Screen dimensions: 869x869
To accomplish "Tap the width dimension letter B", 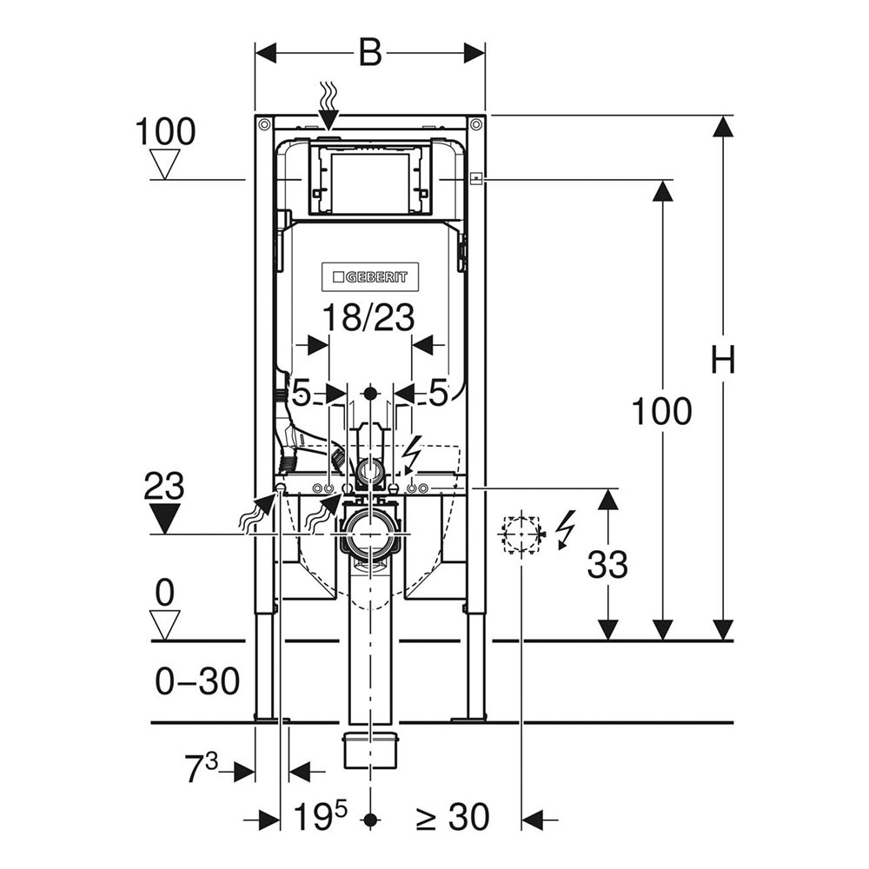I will (370, 54).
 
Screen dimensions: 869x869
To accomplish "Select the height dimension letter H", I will (722, 360).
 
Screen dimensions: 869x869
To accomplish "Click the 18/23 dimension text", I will (368, 318).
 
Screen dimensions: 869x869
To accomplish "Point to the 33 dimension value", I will (607, 566).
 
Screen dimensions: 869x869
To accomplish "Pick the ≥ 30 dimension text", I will (452, 817).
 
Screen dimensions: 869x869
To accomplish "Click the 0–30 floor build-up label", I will (197, 682).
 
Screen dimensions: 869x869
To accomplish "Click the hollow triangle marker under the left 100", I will (164, 162).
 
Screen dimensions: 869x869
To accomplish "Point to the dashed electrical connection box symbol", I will (521, 533).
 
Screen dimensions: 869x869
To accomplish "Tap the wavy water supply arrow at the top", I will (328, 106).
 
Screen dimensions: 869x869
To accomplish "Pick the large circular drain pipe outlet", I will (371, 537).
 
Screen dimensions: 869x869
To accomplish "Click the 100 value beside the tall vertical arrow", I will (661, 411).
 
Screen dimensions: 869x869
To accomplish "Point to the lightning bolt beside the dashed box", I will (565, 528).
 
